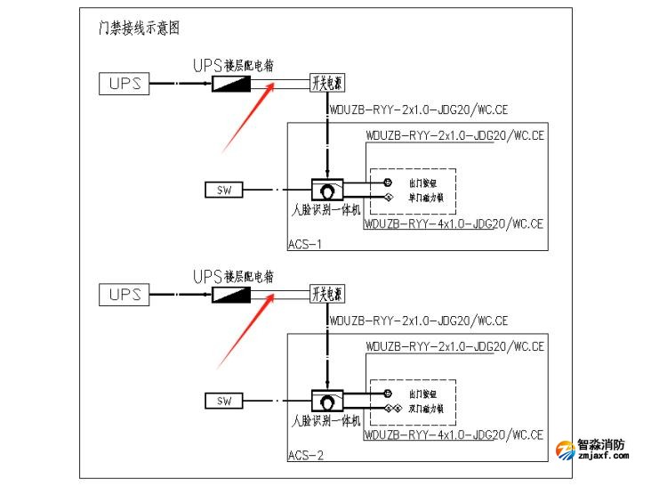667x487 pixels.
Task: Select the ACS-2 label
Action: (x=305, y=455)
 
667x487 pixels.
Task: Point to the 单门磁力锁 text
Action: (x=426, y=198)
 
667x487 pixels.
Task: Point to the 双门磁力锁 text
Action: (x=426, y=409)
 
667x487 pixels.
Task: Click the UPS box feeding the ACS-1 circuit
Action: (x=125, y=84)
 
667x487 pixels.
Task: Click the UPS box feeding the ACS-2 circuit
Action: (x=125, y=295)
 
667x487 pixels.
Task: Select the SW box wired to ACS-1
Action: (x=223, y=190)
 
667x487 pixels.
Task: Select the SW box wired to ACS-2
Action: (x=223, y=401)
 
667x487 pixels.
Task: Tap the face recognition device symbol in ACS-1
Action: (x=328, y=190)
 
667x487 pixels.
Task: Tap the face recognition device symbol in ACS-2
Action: (x=328, y=401)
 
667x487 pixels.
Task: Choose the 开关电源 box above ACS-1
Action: (x=326, y=84)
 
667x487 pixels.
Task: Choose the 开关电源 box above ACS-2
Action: (x=326, y=295)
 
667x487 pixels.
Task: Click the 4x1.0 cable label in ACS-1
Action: (x=454, y=224)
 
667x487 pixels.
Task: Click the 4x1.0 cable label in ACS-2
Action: (x=454, y=435)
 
